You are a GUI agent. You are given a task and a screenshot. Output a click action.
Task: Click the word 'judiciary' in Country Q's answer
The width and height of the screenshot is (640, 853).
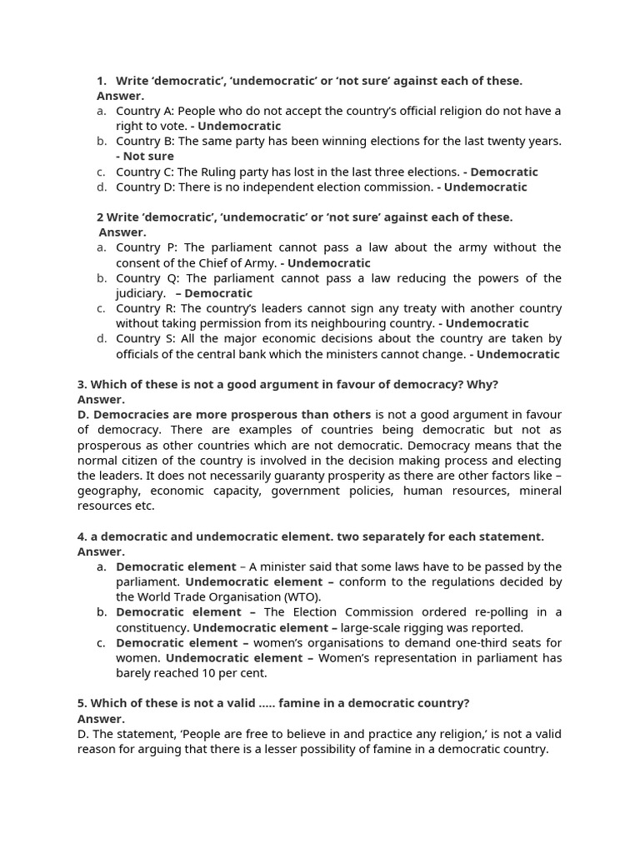140,293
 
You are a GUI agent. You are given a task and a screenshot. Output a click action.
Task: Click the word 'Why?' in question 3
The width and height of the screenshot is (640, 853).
483,384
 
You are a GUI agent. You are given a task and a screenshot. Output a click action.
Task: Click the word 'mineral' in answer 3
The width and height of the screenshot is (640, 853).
540,491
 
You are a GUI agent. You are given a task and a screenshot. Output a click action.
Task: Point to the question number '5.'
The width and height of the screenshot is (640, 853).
82,703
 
